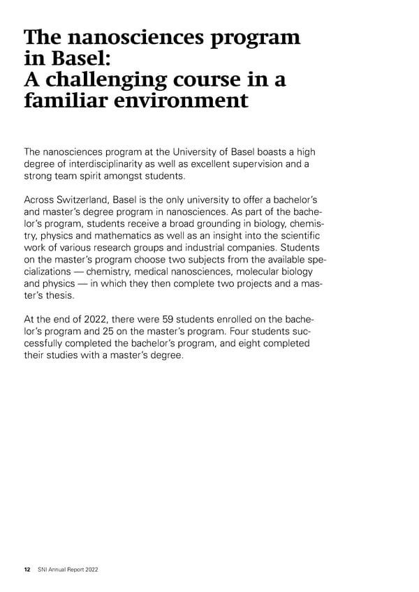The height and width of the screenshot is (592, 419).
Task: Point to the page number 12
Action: pos(27,570)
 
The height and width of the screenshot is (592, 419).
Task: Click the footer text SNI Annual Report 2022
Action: pos(68,570)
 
